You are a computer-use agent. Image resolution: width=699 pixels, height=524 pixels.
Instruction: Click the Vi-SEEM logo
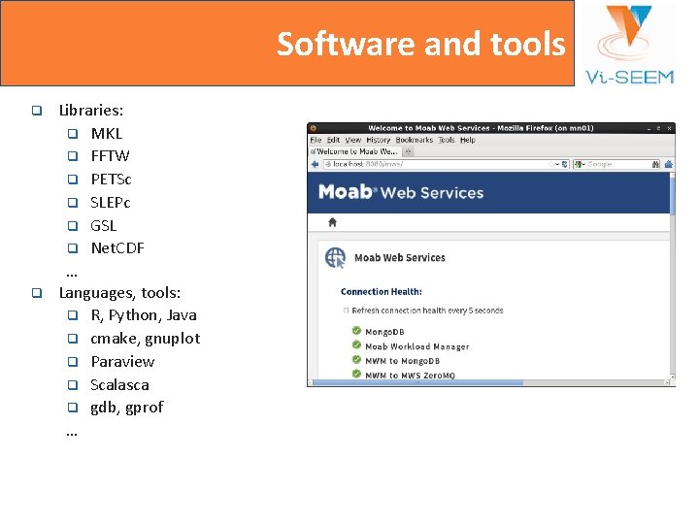click(x=630, y=44)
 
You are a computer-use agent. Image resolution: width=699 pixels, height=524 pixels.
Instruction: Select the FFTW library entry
click(x=110, y=155)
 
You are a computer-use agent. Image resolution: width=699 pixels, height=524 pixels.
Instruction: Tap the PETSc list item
click(x=111, y=179)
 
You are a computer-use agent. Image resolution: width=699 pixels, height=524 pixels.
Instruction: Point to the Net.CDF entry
click(x=117, y=247)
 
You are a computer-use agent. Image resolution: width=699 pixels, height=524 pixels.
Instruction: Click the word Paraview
click(x=122, y=361)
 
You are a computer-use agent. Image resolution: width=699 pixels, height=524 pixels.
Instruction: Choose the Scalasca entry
click(x=119, y=384)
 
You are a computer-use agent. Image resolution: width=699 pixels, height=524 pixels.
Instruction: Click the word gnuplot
click(x=172, y=338)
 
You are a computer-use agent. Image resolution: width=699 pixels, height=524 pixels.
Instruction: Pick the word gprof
click(x=145, y=407)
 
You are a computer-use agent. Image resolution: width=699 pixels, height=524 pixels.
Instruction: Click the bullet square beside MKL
click(x=72, y=133)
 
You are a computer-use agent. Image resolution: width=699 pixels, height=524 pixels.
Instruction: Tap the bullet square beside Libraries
click(x=36, y=111)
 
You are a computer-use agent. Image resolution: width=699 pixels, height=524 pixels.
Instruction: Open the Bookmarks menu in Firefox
click(x=415, y=140)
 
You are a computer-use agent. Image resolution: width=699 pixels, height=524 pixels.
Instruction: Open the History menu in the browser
click(x=379, y=140)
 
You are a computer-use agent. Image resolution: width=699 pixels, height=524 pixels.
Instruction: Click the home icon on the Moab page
click(x=332, y=222)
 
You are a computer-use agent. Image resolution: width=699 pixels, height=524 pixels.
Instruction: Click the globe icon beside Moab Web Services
click(x=335, y=257)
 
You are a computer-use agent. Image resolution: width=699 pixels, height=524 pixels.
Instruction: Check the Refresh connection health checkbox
click(x=345, y=311)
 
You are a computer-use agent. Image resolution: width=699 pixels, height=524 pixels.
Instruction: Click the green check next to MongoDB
click(x=356, y=332)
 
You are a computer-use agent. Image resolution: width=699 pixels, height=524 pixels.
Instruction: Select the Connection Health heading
click(x=382, y=291)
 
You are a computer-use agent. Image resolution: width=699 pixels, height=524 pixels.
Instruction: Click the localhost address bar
click(x=437, y=164)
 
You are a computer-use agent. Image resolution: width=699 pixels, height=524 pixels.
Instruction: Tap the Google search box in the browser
click(x=621, y=164)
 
